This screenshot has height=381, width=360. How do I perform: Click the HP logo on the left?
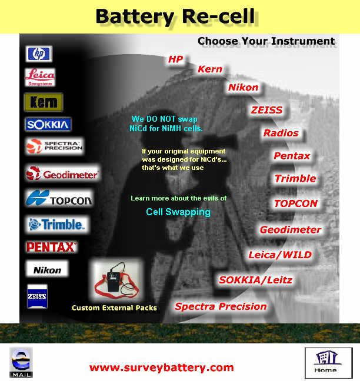coord(39,54)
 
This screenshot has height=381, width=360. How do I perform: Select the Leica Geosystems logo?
coord(40,77)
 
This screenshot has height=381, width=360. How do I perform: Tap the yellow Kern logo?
coord(44,102)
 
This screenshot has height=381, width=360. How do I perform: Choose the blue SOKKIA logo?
coord(48,125)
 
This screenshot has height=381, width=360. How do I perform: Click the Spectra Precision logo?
coord(55,146)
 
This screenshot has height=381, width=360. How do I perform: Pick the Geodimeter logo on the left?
coord(63,173)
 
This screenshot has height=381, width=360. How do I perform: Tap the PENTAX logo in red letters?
coord(51,247)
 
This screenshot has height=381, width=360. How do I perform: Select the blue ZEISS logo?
coord(37,296)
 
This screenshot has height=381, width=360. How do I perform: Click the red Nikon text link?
coord(243,88)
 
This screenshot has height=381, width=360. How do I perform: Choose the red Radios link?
coord(281,133)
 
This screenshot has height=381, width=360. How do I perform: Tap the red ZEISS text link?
coord(266,111)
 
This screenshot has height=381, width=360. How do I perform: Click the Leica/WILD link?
coord(280,255)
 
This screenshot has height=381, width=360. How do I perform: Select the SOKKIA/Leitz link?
coord(255,280)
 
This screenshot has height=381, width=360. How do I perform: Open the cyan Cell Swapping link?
coord(178,212)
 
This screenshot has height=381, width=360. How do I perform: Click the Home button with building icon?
coord(329,363)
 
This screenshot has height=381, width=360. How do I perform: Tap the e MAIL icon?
coord(21,363)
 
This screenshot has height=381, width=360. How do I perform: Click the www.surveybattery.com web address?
coord(161,367)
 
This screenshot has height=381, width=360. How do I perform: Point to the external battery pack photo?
coord(116,280)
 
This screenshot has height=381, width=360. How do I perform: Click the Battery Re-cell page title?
coord(175,16)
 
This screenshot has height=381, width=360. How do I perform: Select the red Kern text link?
coord(210,69)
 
